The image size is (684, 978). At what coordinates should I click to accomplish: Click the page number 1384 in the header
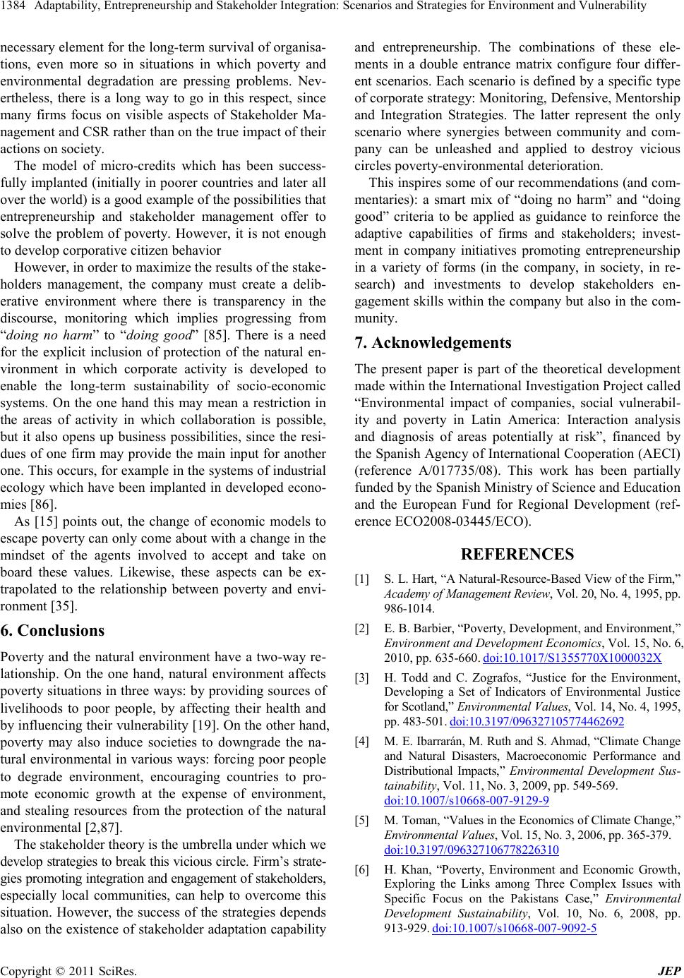click(x=12, y=7)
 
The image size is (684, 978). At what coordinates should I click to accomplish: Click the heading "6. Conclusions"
click(x=53, y=630)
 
